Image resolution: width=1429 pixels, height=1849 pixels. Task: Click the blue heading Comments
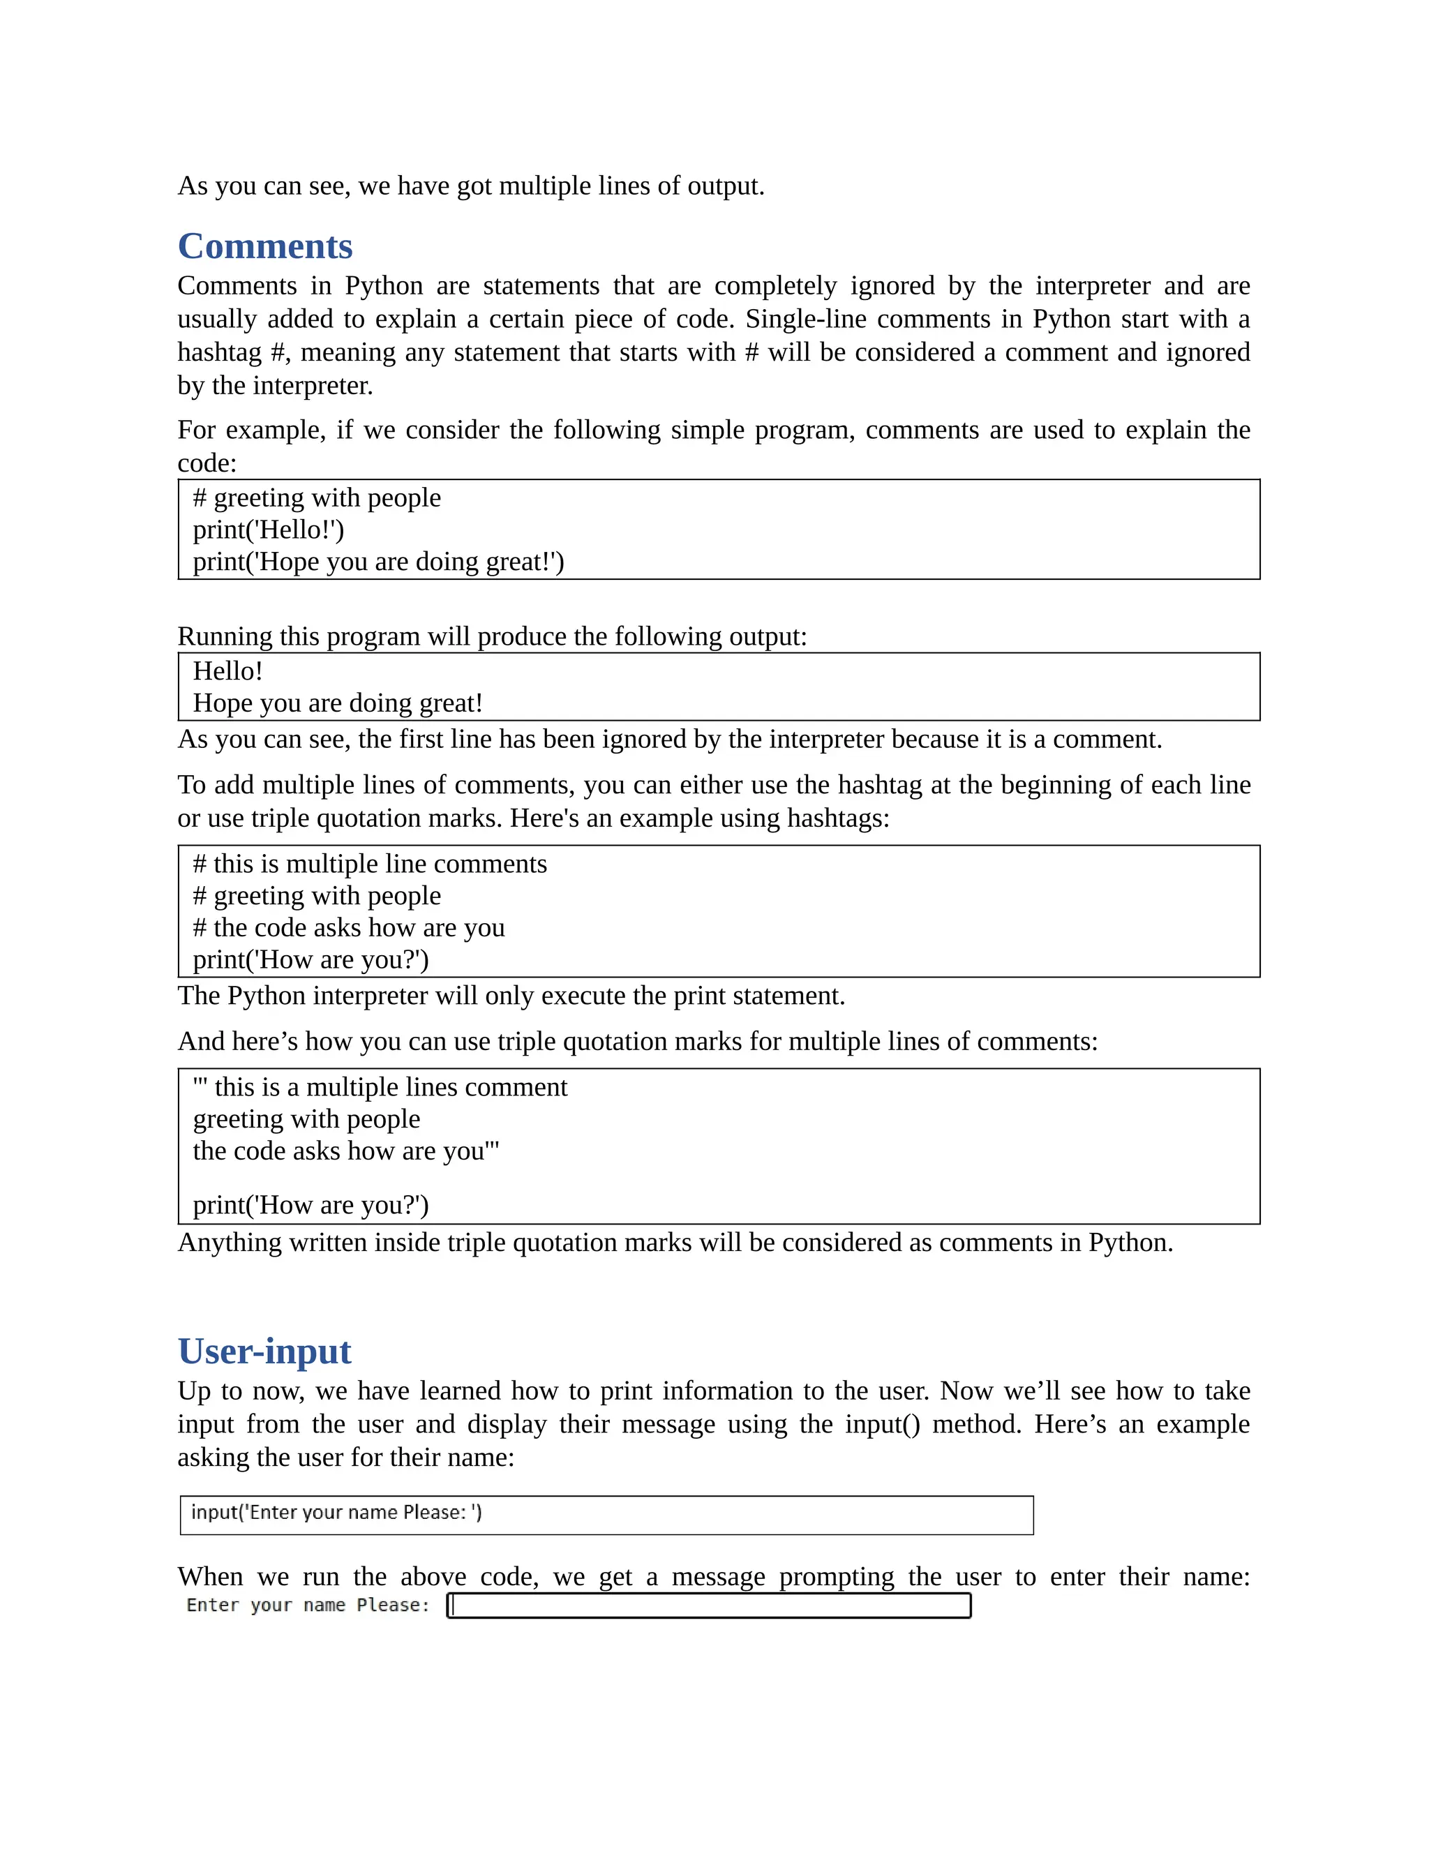click(x=264, y=246)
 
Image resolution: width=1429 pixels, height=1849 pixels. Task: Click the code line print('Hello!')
click(x=269, y=530)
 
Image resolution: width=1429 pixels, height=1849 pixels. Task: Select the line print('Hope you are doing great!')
click(x=377, y=562)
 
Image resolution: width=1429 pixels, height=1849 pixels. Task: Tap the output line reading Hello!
click(x=227, y=671)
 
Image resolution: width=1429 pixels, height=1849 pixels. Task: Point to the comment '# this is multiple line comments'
click(x=370, y=864)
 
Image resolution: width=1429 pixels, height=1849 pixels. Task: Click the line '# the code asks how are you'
click(x=349, y=928)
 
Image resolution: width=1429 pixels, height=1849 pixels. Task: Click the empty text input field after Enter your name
click(x=710, y=1605)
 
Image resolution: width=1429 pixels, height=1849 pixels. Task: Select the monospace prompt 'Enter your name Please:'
click(x=308, y=1605)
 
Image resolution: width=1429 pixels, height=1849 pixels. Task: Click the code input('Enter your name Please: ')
click(x=336, y=1513)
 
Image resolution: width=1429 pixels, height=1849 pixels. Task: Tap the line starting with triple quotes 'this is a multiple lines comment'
click(x=380, y=1087)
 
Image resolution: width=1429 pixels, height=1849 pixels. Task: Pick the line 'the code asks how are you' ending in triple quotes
click(x=345, y=1151)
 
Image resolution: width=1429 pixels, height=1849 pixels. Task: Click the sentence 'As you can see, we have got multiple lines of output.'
click(x=471, y=186)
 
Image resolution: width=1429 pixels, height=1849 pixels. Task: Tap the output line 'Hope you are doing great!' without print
click(x=338, y=703)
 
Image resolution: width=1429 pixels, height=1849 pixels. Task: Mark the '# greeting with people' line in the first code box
click(x=317, y=497)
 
